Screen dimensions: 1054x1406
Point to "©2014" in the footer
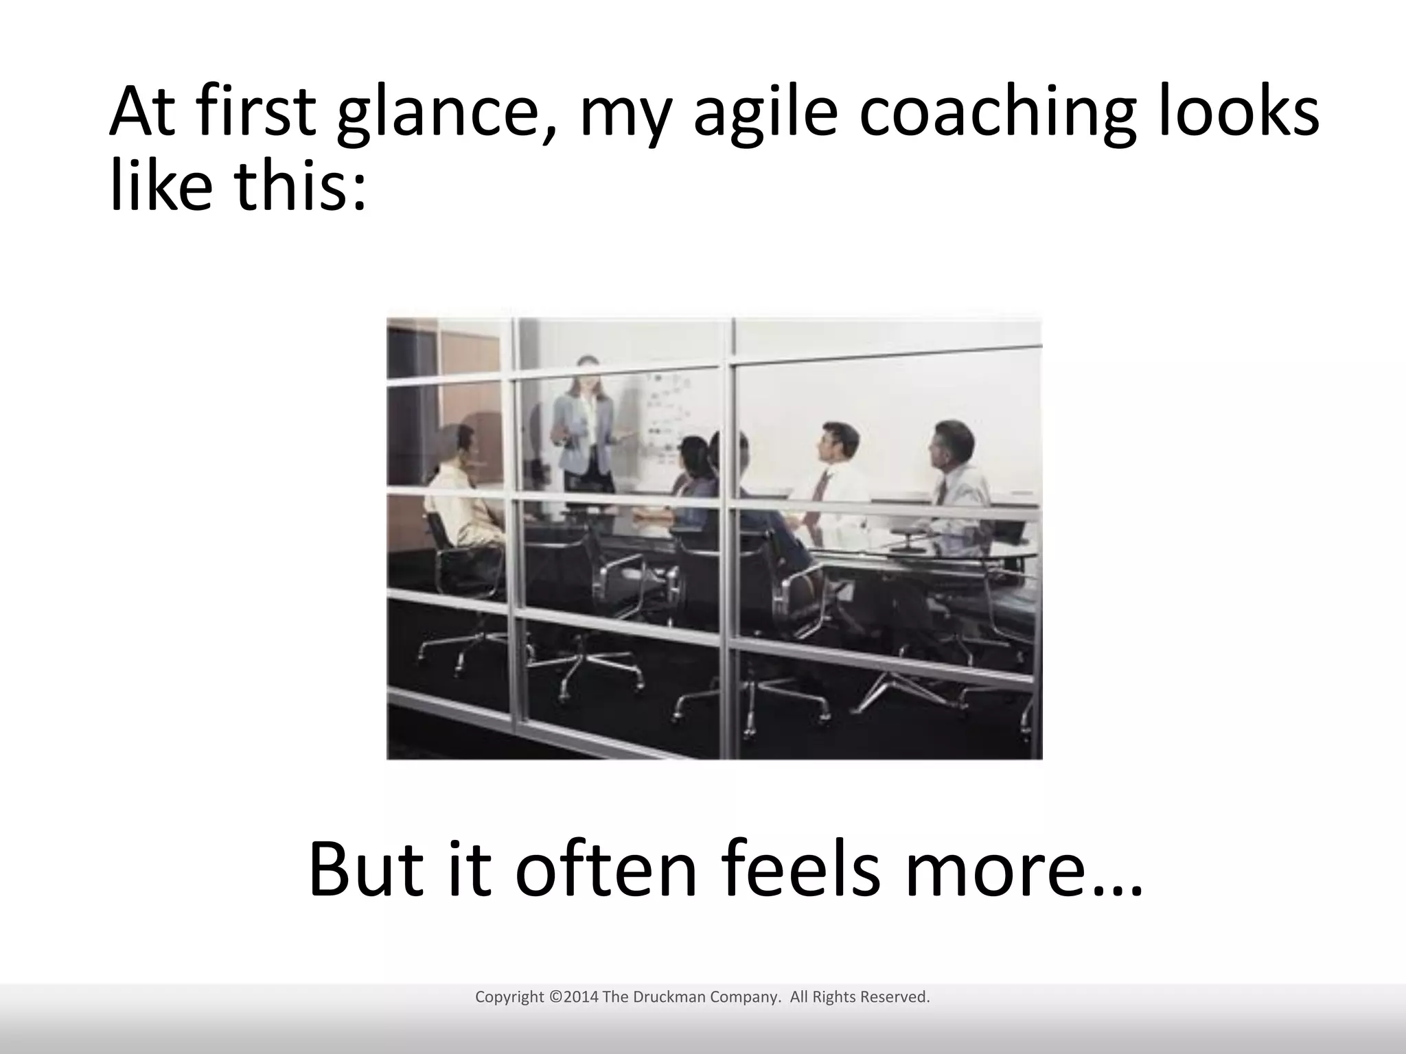(574, 997)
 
